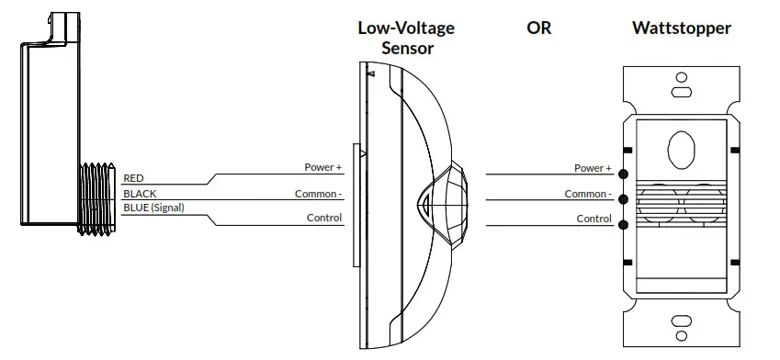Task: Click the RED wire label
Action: (133, 178)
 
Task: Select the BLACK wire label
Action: (140, 194)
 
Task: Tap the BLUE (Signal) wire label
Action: (153, 208)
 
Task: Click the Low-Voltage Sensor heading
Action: (405, 37)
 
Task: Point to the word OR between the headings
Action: (538, 28)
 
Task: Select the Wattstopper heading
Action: (682, 28)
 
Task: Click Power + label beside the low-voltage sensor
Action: (323, 168)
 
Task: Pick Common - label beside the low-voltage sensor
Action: (318, 194)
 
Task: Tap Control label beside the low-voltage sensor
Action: (324, 219)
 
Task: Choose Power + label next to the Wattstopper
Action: (593, 168)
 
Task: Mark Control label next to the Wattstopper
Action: (593, 219)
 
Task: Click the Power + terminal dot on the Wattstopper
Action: (624, 174)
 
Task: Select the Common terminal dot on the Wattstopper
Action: (624, 198)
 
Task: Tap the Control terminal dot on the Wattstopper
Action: (624, 224)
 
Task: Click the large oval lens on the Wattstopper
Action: (681, 149)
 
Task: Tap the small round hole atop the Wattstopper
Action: (681, 78)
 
